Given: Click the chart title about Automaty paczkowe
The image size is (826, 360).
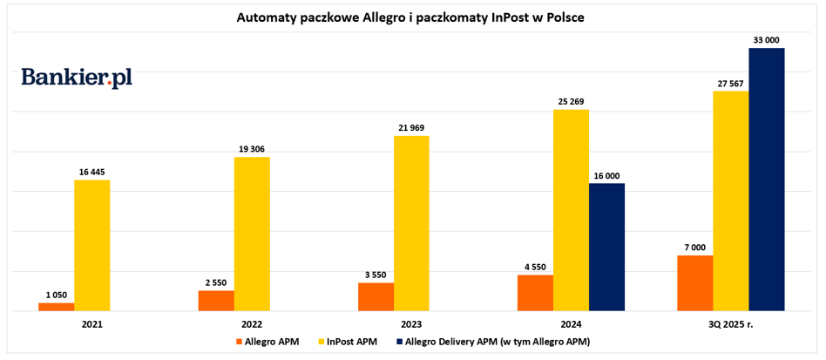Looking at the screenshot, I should click(x=410, y=17).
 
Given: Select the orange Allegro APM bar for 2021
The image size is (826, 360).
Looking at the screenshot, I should click(x=56, y=306).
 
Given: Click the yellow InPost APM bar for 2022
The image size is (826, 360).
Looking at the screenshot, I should click(x=252, y=234).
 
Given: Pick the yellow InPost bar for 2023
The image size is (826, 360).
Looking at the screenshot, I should click(x=411, y=223).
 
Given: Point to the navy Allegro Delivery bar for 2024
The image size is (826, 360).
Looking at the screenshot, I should click(x=606, y=247).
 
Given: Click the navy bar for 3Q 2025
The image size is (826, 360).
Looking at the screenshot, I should click(x=767, y=179).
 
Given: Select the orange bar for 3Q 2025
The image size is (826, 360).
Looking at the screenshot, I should click(x=694, y=282).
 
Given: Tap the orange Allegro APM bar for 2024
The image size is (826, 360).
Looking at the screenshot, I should click(x=535, y=292).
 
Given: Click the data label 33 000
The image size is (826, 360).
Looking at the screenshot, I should click(x=767, y=39).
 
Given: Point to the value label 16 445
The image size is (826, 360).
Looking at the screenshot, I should click(x=92, y=172).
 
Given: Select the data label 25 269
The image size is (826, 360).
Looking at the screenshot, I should click(x=571, y=101).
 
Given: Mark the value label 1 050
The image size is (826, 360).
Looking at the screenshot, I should click(x=56, y=295).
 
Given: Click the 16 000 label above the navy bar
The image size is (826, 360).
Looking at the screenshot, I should click(x=606, y=174).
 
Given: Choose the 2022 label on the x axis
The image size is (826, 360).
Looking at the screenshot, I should click(x=252, y=322).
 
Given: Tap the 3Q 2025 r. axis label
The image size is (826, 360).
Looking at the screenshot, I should click(x=730, y=322).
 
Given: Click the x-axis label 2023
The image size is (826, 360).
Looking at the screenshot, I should click(x=411, y=322).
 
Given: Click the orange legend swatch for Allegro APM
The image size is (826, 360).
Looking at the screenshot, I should click(x=238, y=341).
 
